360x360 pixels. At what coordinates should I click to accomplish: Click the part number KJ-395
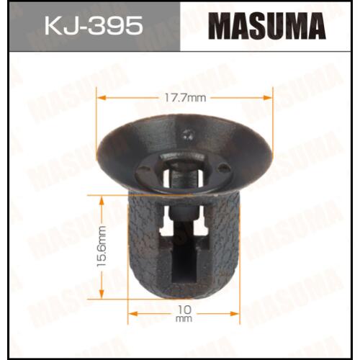(94, 26)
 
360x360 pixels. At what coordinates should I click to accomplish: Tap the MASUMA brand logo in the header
(267, 26)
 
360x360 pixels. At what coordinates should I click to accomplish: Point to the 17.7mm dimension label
(185, 98)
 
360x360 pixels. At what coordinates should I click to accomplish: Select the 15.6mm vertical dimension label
(102, 246)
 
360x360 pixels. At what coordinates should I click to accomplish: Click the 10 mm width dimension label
(184, 314)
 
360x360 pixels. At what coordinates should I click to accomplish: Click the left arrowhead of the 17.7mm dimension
(101, 98)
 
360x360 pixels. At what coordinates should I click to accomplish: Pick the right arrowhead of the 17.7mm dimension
(268, 97)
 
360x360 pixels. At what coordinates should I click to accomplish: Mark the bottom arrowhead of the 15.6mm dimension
(102, 294)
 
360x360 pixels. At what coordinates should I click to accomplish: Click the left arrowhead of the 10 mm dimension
(133, 314)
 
